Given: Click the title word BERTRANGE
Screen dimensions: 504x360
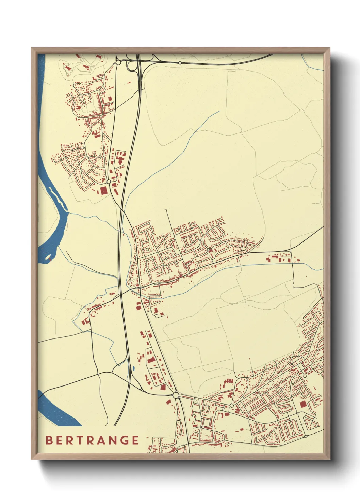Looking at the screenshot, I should click(x=92, y=440).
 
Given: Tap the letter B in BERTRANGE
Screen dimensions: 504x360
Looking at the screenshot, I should click(x=49, y=440).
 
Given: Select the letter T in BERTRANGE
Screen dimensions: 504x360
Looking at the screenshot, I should click(x=81, y=440).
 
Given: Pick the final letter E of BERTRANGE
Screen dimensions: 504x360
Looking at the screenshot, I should click(x=135, y=440).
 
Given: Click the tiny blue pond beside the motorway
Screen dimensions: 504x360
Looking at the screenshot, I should click(x=134, y=368).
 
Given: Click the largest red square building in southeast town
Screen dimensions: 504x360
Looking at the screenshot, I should click(x=303, y=404).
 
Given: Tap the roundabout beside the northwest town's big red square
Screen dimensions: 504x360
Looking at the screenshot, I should click(x=109, y=182).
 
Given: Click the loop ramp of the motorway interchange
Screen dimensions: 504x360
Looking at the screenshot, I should click(x=131, y=66).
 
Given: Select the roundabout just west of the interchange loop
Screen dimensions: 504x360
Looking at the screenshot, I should click(x=118, y=63).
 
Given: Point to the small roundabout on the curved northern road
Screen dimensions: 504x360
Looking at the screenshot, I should click(x=180, y=63).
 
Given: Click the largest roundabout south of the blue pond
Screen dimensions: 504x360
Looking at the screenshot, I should click(x=176, y=395).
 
